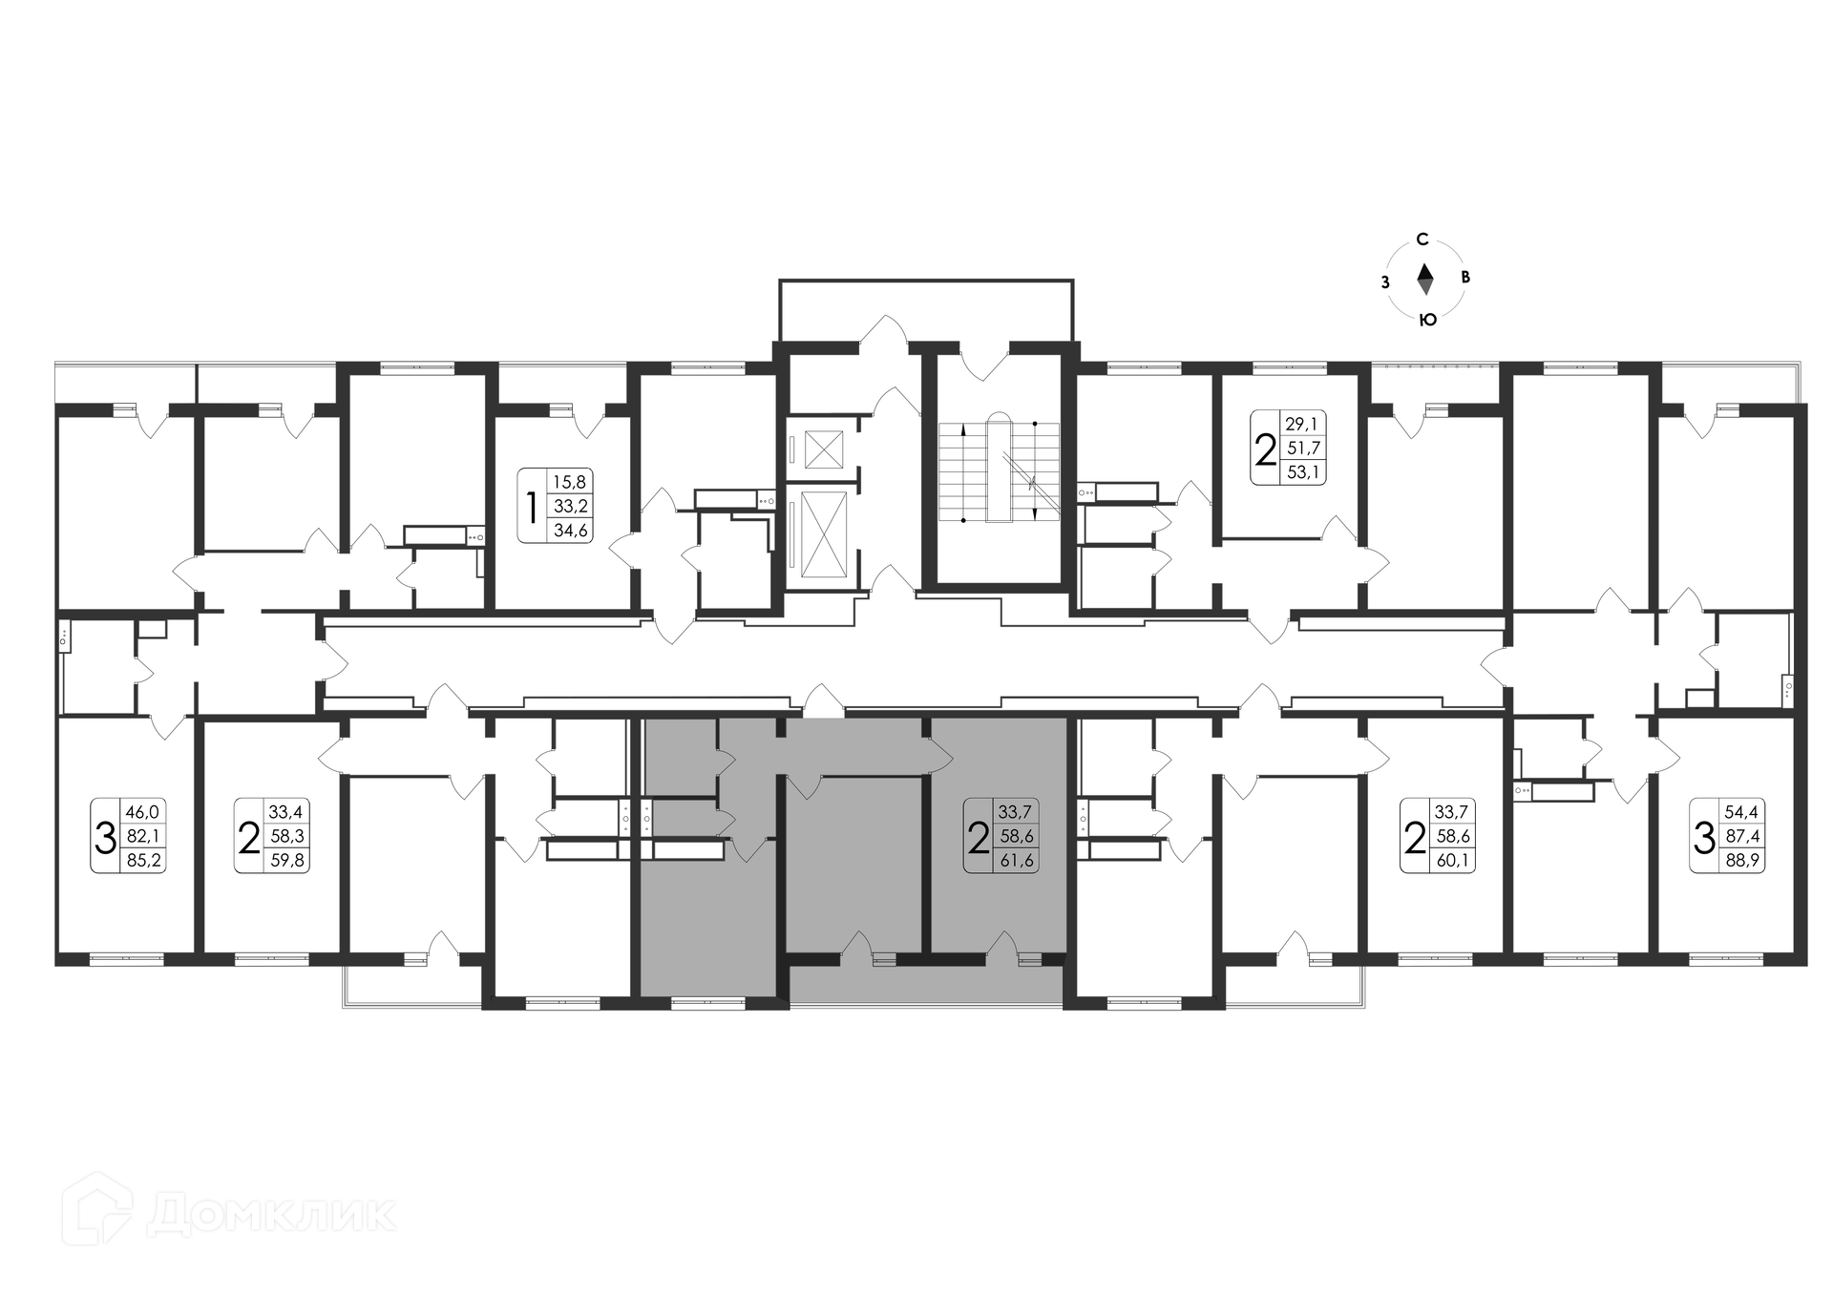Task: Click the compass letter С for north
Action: [x=1422, y=239]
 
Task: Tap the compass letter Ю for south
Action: [x=1427, y=320]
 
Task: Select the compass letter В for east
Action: [x=1466, y=278]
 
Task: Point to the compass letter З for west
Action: [x=1384, y=282]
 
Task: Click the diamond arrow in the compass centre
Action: [x=1424, y=279]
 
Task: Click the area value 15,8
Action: [x=569, y=482]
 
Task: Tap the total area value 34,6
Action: [x=570, y=530]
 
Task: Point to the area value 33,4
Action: [x=285, y=812]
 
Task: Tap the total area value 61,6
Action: [x=1016, y=860]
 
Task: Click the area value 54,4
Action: [x=1742, y=812]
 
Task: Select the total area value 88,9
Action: [x=1742, y=860]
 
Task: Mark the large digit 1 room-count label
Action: [x=532, y=507]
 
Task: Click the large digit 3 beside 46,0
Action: [x=105, y=837]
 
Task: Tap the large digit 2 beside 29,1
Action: [x=1266, y=449]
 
